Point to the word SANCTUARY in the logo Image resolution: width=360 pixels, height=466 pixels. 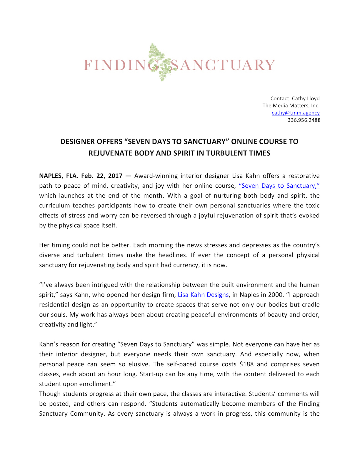coord(223,65)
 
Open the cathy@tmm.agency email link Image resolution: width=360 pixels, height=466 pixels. coord(295,113)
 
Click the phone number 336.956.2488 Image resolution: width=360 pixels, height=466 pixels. coord(304,120)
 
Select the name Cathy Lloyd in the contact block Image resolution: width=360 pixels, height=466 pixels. coord(306,99)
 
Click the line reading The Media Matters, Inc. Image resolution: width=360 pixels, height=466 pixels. coord(291,106)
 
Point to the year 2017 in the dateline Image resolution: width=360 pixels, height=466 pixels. coord(115,176)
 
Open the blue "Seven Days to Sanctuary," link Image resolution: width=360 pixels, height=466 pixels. coord(279,186)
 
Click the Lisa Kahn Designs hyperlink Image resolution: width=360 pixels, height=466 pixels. coord(203,295)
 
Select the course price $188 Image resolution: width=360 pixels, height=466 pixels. coord(246,364)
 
